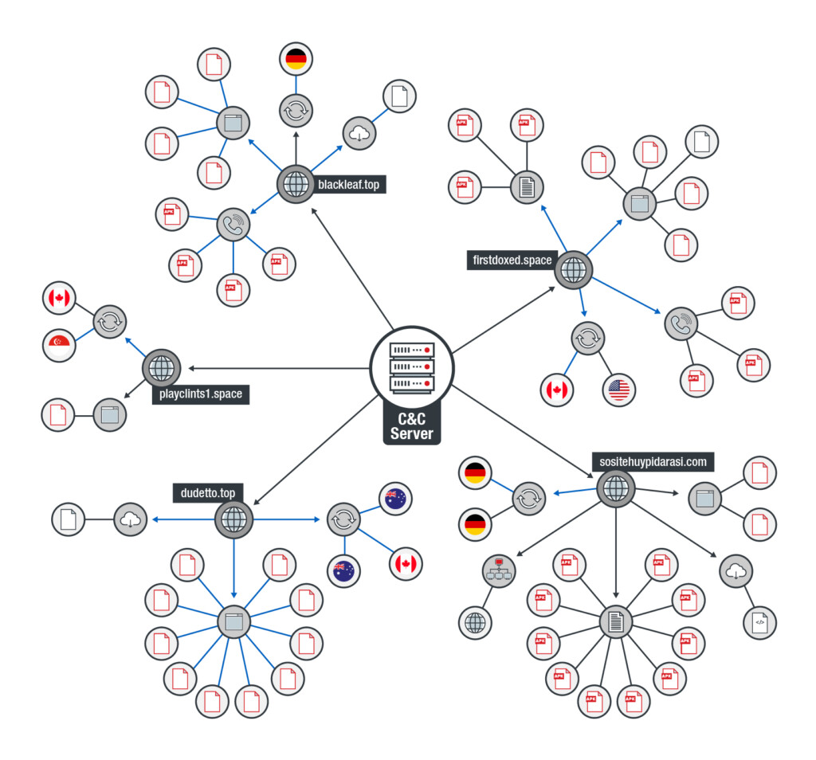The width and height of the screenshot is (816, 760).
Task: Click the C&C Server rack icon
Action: tap(412, 368)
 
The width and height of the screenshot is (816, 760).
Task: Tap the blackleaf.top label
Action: tap(349, 185)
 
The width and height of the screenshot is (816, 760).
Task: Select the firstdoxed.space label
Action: tap(512, 260)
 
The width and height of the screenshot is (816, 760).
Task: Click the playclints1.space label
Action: tap(201, 394)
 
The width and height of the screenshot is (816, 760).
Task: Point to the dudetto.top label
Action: tap(208, 493)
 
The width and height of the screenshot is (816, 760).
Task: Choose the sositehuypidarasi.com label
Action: tap(653, 462)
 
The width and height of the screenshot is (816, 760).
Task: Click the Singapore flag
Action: tap(59, 345)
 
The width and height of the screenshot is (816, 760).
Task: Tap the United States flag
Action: tap(618, 390)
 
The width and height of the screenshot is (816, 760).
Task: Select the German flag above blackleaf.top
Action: tap(296, 59)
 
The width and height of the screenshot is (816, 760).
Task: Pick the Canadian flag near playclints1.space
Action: tap(59, 298)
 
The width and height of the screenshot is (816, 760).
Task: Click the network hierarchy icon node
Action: tap(499, 570)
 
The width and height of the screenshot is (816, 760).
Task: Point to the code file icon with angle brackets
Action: tap(759, 623)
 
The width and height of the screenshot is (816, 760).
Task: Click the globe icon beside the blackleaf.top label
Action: tap(296, 184)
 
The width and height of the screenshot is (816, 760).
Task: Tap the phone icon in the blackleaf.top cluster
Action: tap(233, 225)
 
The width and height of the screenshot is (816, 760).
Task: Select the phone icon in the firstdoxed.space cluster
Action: tap(681, 323)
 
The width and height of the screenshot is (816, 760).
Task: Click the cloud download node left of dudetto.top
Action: tap(130, 519)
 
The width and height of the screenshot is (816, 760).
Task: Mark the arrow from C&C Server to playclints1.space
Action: tap(279, 368)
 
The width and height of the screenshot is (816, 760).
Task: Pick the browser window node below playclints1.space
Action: tap(109, 415)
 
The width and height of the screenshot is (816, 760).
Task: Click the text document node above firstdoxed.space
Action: tap(527, 187)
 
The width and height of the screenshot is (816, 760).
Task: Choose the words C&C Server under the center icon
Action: tap(412, 426)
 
